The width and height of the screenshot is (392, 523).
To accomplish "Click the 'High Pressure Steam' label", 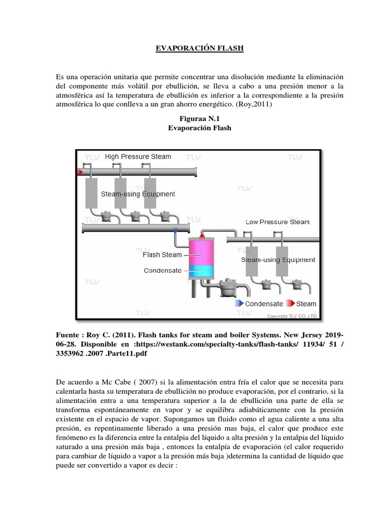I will pos(138,156).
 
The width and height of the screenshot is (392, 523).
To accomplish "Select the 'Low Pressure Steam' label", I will pos(277,222).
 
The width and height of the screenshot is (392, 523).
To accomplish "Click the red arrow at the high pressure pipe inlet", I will pos(80,172).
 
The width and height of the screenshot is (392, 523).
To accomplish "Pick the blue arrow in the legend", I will pos(238,303).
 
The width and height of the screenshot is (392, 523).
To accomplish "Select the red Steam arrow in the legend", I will pos(290,303).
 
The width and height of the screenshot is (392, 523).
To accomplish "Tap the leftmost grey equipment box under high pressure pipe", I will pos(92,194).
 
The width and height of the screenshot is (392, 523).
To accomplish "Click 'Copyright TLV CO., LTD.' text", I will pos(292,317).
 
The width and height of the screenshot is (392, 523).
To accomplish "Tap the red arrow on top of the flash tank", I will pos(202,236).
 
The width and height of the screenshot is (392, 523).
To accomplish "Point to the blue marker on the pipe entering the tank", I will pos(176,231).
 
